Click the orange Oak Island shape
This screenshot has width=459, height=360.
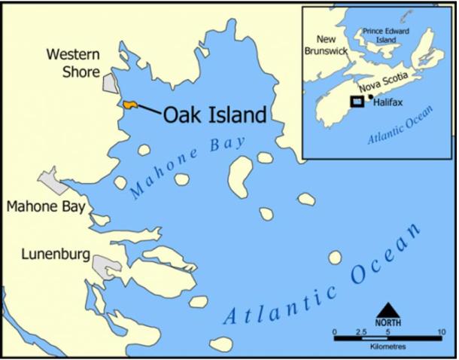coord(129,104)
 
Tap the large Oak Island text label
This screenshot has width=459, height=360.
coord(214,114)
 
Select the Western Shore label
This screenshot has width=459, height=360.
coord(73,64)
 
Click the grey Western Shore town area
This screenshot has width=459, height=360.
coord(110,84)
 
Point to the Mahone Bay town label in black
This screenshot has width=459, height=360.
coord(46,206)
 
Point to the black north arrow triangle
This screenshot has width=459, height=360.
coord(388,310)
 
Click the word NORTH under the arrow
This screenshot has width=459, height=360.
coord(388,323)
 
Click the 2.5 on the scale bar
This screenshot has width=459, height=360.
coord(360,331)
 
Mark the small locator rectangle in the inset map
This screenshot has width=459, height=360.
coord(357,102)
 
